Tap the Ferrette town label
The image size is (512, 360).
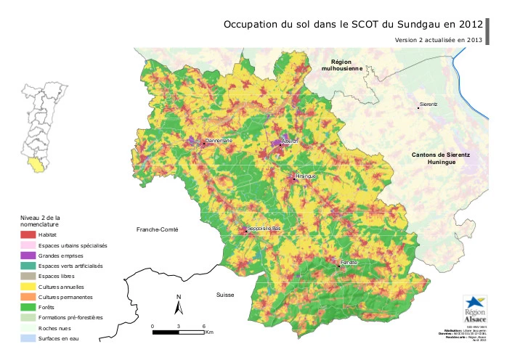[x=349, y=262]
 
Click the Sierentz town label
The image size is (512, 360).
[x=428, y=105]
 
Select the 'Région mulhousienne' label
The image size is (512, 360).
[x=346, y=66]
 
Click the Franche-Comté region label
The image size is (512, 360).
[x=157, y=229]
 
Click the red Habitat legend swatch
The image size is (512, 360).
[x=28, y=235]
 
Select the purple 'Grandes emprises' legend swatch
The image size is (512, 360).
[x=28, y=255]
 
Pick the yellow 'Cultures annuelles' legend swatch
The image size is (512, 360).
[x=28, y=287]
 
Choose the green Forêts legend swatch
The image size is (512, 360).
[x=28, y=307]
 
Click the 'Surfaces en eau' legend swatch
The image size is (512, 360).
[x=28, y=338]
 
